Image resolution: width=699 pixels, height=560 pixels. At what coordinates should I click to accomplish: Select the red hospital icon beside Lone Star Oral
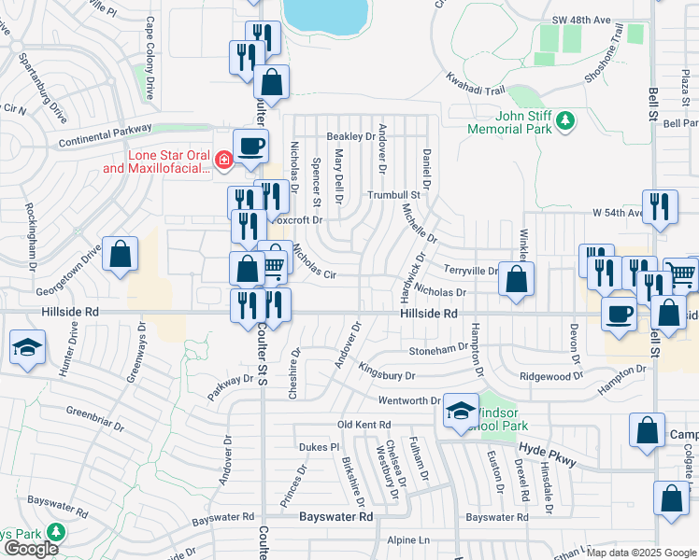(222, 161)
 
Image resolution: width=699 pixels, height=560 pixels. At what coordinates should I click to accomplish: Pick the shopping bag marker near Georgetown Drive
(121, 254)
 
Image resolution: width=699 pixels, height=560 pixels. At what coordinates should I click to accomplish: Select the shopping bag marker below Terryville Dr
(516, 279)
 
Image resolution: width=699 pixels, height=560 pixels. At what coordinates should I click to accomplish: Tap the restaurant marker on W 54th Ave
(661, 206)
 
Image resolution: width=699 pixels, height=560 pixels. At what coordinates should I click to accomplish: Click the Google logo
(31, 549)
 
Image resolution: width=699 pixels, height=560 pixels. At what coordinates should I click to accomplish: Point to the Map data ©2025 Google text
(641, 553)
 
